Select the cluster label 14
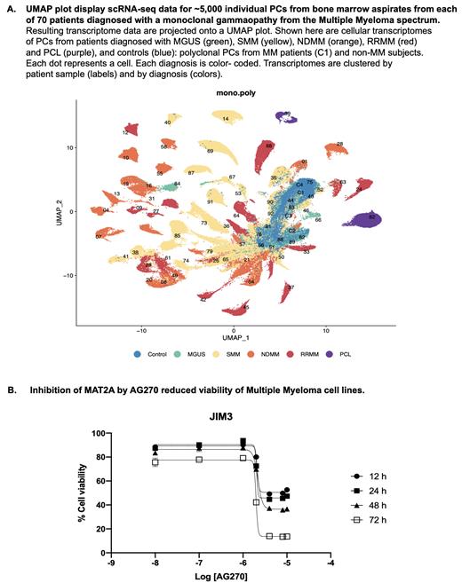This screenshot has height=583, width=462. click(226, 118)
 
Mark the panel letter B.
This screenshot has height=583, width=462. click(10, 388)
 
